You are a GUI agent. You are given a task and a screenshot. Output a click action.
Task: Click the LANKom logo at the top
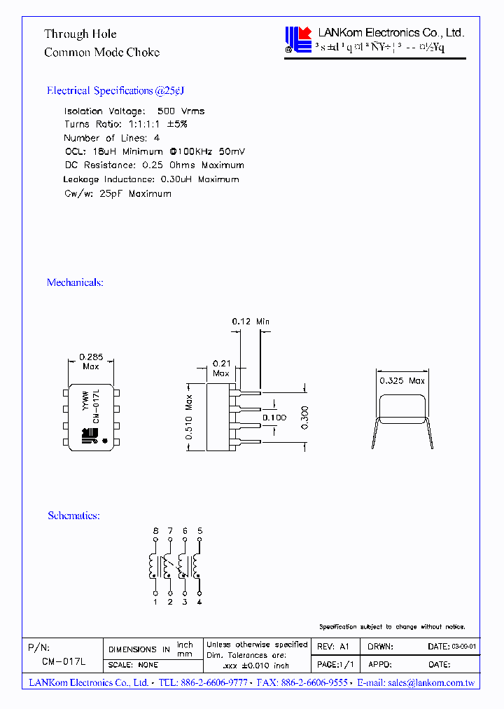299,39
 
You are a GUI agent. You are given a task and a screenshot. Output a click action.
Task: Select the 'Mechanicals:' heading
75,282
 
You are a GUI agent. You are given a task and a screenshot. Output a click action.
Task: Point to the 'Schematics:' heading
73,516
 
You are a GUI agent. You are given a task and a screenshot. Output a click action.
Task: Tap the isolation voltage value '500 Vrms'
181,111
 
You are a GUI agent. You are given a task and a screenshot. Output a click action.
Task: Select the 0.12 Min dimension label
251,322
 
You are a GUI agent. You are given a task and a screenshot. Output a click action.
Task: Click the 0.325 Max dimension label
402,381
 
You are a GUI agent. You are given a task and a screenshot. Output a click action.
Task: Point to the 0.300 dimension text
304,419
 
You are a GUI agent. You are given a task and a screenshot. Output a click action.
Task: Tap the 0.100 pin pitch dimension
274,418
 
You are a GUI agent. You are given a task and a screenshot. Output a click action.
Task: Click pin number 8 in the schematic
155,532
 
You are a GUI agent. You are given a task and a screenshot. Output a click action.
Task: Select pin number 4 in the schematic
200,601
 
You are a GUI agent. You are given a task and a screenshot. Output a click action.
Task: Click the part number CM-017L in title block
63,661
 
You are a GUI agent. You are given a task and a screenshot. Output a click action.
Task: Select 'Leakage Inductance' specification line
150,179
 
